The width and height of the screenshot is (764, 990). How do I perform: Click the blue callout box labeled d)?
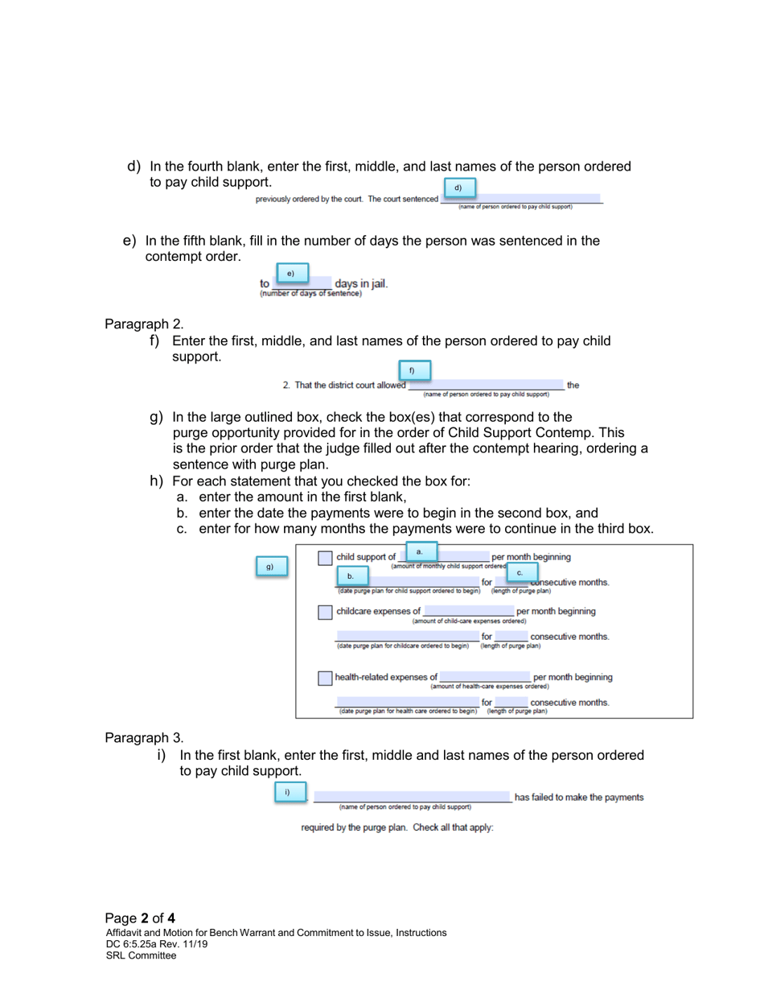pyautogui.click(x=458, y=188)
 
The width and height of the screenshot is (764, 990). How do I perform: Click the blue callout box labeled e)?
pyautogui.click(x=292, y=274)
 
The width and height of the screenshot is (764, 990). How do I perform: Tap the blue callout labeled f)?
pyautogui.click(x=411, y=370)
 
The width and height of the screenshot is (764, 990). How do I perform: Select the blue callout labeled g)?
pyautogui.click(x=271, y=567)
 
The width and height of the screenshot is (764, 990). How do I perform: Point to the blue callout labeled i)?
pyautogui.click(x=287, y=792)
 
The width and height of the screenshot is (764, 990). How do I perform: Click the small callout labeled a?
pyautogui.click(x=419, y=551)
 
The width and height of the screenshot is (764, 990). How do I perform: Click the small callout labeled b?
pyautogui.click(x=351, y=576)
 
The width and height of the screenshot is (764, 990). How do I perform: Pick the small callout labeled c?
pyautogui.click(x=520, y=571)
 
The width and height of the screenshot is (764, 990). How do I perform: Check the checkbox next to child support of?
pyautogui.click(x=324, y=558)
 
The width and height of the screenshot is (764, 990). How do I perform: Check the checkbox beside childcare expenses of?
pyautogui.click(x=324, y=613)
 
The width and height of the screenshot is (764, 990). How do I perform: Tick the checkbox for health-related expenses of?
pyautogui.click(x=324, y=678)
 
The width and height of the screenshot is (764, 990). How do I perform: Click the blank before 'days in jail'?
pyautogui.click(x=302, y=284)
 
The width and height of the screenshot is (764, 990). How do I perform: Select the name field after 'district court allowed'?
pyautogui.click(x=486, y=386)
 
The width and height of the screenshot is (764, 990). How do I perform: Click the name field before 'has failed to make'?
pyautogui.click(x=411, y=797)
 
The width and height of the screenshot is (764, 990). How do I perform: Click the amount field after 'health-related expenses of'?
pyautogui.click(x=484, y=677)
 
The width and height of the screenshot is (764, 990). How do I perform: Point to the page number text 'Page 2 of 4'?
pyautogui.click(x=140, y=918)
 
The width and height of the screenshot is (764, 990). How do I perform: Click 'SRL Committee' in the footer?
pyautogui.click(x=141, y=955)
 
